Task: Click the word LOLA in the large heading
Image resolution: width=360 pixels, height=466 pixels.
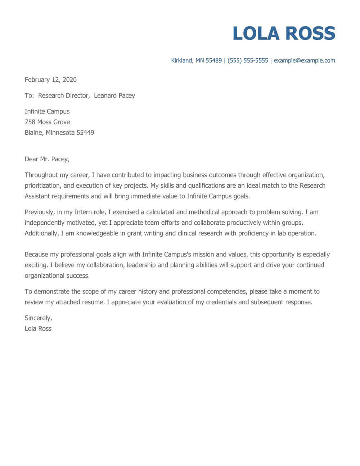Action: click(x=256, y=33)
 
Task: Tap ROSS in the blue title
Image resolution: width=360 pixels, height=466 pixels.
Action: click(x=310, y=33)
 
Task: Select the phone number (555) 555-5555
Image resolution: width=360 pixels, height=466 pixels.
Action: click(x=248, y=61)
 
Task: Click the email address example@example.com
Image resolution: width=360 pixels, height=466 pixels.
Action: click(x=304, y=61)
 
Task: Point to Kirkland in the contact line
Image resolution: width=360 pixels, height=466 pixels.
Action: click(x=181, y=61)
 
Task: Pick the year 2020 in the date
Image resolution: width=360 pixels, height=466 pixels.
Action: click(x=69, y=80)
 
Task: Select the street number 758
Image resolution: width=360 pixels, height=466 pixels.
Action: click(x=30, y=122)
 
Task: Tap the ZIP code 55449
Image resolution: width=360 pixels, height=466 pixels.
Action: click(x=85, y=133)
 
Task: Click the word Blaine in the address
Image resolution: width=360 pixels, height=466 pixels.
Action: click(x=34, y=133)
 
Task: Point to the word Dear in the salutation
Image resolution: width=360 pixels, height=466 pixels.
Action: click(x=31, y=159)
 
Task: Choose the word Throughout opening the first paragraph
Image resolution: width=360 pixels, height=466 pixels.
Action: click(x=40, y=175)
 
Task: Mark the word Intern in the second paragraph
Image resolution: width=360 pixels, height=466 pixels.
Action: click(x=83, y=212)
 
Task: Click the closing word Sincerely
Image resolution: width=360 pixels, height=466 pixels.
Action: click(x=38, y=318)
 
